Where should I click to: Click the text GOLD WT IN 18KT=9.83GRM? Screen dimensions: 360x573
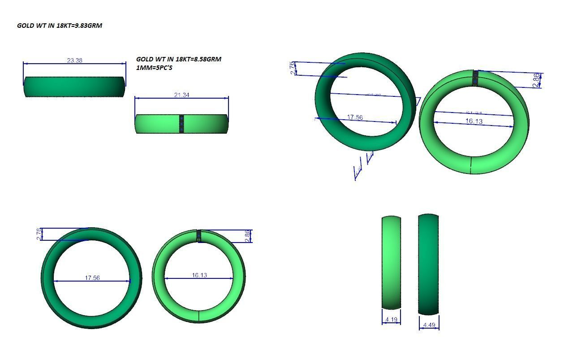[60, 26]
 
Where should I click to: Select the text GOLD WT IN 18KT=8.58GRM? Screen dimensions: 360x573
[178, 59]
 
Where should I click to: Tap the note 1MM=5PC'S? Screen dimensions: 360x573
[154, 68]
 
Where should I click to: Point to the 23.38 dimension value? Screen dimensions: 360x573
[74, 60]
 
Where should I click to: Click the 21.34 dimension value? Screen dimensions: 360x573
[181, 95]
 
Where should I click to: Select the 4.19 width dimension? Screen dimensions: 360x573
[391, 320]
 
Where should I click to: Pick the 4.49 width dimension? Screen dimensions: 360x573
[429, 325]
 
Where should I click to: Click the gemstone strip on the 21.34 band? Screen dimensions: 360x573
[181, 124]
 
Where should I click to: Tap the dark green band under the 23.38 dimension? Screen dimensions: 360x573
[74, 87]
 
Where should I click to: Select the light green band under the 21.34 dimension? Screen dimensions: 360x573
[157, 124]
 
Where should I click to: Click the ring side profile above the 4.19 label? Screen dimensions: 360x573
[391, 262]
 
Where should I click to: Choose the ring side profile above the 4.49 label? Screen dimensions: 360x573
[428, 265]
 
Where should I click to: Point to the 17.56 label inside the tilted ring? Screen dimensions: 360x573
[355, 117]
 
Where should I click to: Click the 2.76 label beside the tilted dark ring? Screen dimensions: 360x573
[293, 68]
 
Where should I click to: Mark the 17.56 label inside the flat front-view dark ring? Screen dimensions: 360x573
[92, 278]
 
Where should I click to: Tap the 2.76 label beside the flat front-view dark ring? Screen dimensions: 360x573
[39, 234]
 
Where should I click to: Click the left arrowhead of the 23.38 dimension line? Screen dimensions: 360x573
[25, 64]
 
